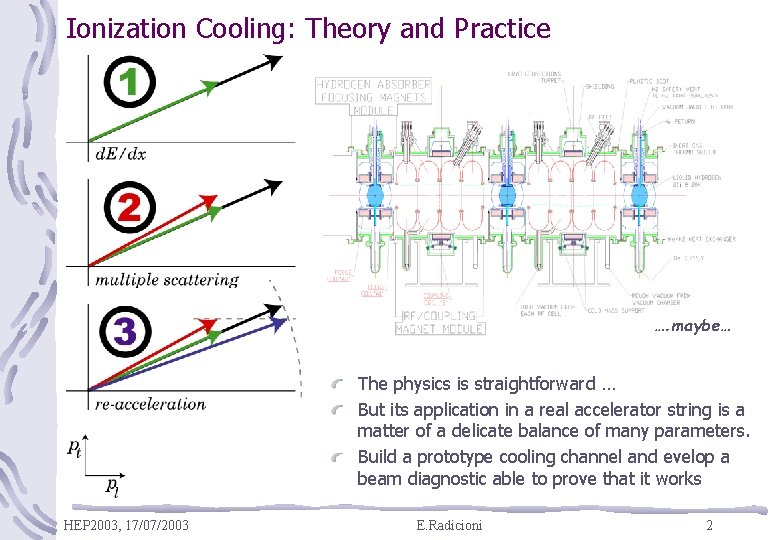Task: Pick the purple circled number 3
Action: [x=128, y=330]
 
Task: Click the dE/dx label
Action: [x=121, y=153]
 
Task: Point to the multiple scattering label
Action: [x=167, y=280]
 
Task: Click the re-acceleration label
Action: [x=151, y=405]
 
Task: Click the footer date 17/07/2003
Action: [x=157, y=525]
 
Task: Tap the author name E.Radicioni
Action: [x=448, y=525]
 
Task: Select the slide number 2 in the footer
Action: [x=709, y=525]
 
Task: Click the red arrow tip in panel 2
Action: [x=213, y=213]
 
